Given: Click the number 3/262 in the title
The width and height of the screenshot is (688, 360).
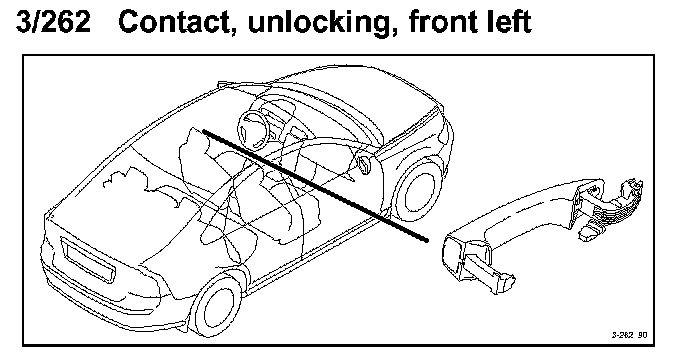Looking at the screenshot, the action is (53, 21).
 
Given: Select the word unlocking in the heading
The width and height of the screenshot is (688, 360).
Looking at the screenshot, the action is (319, 23).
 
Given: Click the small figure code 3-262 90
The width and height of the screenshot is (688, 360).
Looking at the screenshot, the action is (629, 335).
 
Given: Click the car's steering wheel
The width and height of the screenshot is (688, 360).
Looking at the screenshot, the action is (254, 130).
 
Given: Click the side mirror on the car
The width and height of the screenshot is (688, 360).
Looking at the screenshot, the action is (365, 163).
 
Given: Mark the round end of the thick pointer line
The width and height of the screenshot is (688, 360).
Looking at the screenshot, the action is (426, 240).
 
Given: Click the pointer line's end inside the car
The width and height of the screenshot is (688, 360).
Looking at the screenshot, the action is (204, 130).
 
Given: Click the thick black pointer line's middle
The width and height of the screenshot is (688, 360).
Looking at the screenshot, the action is (315, 185).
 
